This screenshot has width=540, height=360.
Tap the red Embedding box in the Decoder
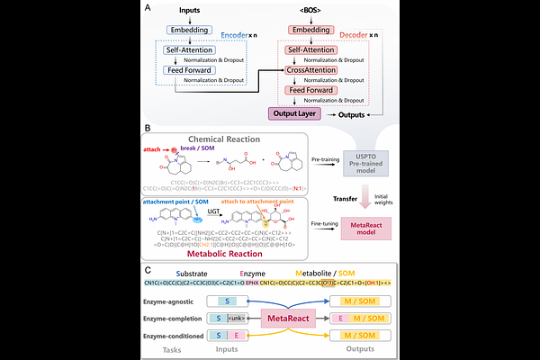tap(310, 31)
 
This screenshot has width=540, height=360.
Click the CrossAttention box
tap(310, 69)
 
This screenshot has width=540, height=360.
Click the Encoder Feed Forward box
tap(189, 69)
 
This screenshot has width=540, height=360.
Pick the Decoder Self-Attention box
tap(311, 49)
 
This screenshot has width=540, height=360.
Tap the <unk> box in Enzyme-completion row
tap(238, 318)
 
